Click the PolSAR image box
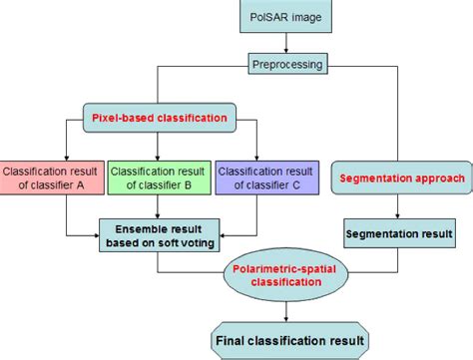[286, 18]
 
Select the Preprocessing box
[286, 67]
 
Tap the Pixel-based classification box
[161, 117]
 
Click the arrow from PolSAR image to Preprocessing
[286, 45]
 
